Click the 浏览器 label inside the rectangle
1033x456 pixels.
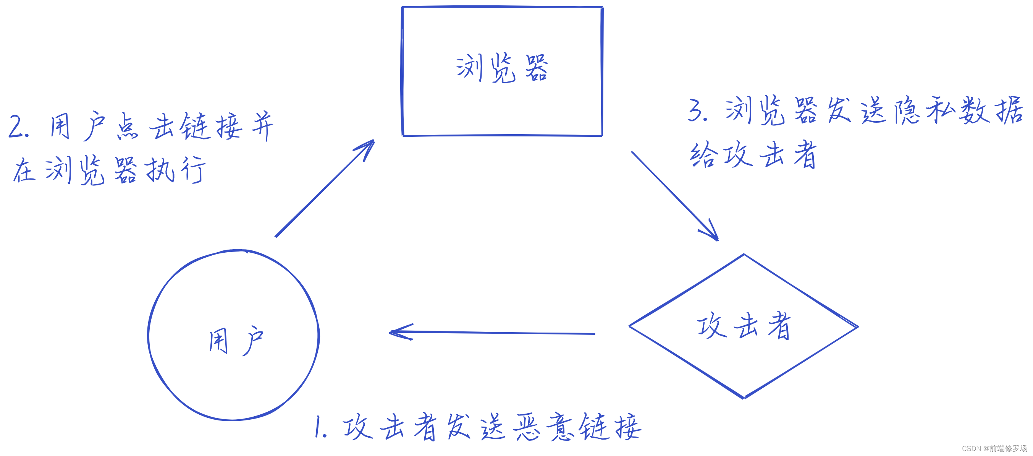point(502,68)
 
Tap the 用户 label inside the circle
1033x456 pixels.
point(236,341)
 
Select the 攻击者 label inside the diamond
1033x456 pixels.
point(744,326)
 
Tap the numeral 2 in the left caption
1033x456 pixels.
point(17,127)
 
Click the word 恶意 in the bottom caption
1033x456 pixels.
point(545,427)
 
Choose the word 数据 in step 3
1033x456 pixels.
point(991,110)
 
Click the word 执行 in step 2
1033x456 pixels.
point(175,170)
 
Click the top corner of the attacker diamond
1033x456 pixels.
point(744,255)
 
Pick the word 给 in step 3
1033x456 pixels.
point(702,155)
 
